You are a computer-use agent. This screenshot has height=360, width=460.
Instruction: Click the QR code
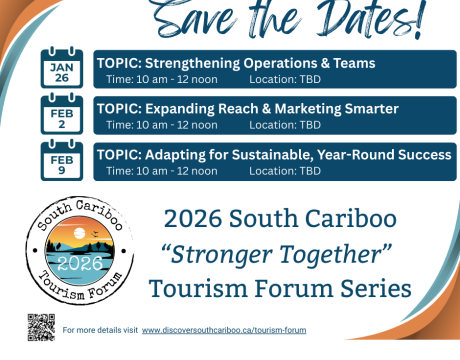click(40, 326)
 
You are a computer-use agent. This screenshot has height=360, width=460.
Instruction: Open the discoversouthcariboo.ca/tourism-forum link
click(224, 330)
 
